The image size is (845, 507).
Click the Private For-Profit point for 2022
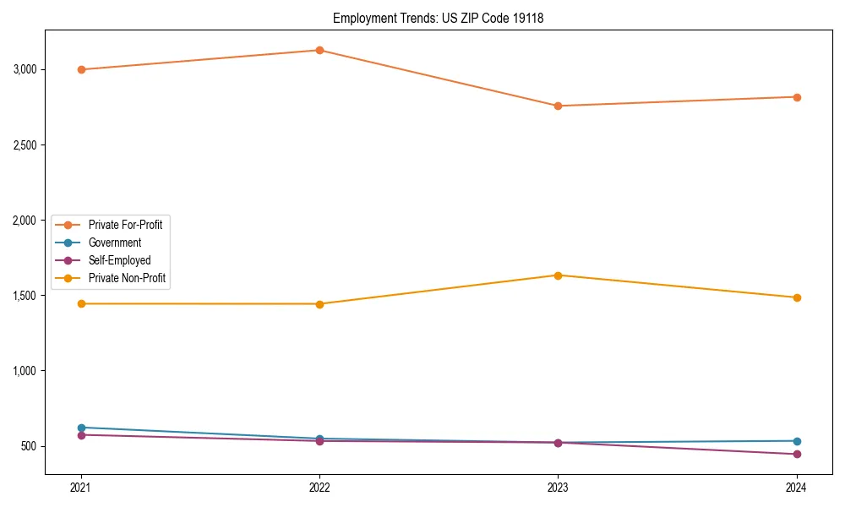pos(319,50)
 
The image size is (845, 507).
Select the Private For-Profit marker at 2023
pos(558,106)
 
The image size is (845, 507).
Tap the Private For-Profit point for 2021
pos(81,69)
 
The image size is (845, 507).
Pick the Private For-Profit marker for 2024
pos(797,97)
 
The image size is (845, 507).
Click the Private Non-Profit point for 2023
pos(558,275)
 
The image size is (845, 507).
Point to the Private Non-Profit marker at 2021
pos(81,303)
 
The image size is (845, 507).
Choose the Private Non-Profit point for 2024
pos(797,297)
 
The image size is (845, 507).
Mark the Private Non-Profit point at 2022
pos(319,304)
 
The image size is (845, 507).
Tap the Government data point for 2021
pos(81,428)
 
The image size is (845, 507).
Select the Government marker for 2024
pos(797,441)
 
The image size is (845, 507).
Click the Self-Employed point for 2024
pos(797,455)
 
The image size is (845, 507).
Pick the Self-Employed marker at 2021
pos(81,434)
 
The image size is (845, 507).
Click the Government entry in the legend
pos(114,243)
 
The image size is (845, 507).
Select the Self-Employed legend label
pos(119,260)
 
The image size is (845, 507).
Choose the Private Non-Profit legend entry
pos(127,278)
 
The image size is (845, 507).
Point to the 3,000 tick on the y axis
pos(24,69)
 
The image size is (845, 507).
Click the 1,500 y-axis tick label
pos(24,296)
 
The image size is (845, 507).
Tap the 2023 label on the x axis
pos(558,488)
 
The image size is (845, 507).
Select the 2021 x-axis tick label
pos(81,488)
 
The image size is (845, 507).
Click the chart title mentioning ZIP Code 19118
pos(438,18)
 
